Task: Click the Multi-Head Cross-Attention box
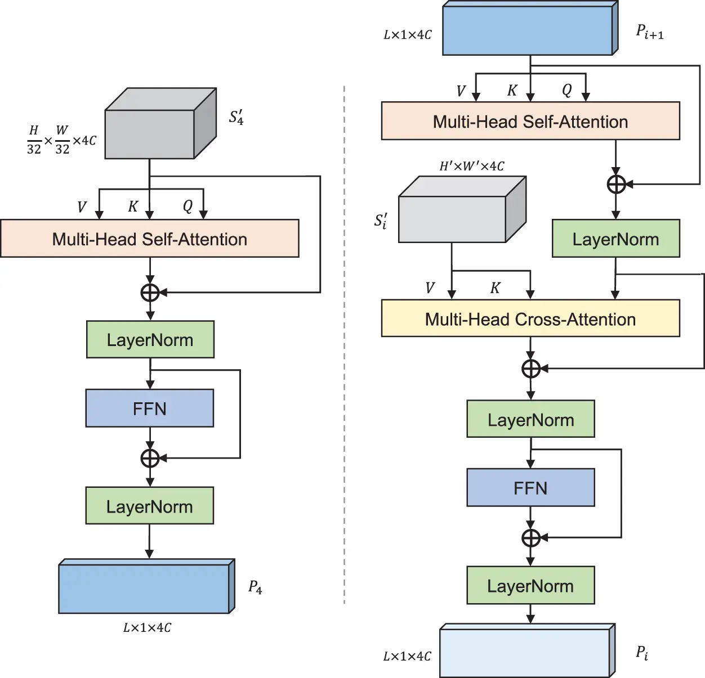pyautogui.click(x=530, y=318)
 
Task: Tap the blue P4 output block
pyautogui.click(x=145, y=587)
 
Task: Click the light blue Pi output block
pyautogui.click(x=526, y=652)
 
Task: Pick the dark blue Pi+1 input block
pyautogui.click(x=529, y=30)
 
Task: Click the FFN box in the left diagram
pyautogui.click(x=150, y=408)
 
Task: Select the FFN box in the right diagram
pyautogui.click(x=530, y=488)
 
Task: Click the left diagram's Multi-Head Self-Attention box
pyautogui.click(x=150, y=239)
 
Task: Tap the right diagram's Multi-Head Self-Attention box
pyautogui.click(x=530, y=122)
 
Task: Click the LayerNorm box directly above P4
pyautogui.click(x=150, y=506)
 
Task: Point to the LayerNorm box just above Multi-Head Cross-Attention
pyautogui.click(x=615, y=239)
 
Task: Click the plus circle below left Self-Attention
pyautogui.click(x=150, y=293)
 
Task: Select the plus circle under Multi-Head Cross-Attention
pyautogui.click(x=531, y=369)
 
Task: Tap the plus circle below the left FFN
pyautogui.click(x=150, y=458)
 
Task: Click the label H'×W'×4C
pyautogui.click(x=472, y=166)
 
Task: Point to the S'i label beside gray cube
pyautogui.click(x=381, y=221)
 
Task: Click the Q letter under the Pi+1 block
pyautogui.click(x=566, y=90)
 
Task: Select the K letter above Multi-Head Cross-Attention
pyautogui.click(x=495, y=288)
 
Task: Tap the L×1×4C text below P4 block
pyautogui.click(x=147, y=627)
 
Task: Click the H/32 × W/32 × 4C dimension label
pyautogui.click(x=61, y=140)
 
